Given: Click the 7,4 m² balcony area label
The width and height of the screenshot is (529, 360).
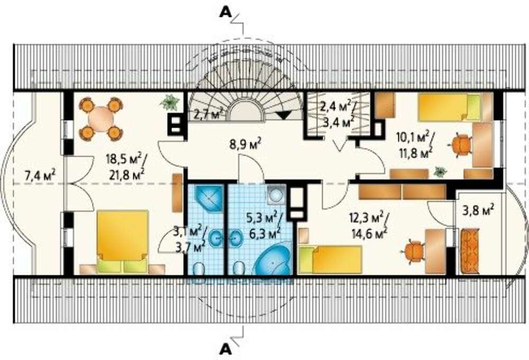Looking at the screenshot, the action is tap(40, 176).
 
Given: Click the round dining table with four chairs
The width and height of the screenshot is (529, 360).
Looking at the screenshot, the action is tap(101, 119).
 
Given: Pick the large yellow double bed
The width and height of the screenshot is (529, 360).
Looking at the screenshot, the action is tap(123, 241).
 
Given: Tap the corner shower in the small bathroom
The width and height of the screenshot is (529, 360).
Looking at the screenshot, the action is tap(209, 197).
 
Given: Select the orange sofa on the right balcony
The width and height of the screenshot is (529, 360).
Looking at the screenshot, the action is tap(470, 251).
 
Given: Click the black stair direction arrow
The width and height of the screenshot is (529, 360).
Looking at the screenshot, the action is tap(284, 115).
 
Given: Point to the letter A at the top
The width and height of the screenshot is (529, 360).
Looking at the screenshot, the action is tap(225, 12).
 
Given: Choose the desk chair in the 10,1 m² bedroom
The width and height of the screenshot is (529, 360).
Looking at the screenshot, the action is tap(461, 145).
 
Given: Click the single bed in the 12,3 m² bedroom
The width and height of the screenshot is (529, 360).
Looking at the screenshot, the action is tap(330, 259).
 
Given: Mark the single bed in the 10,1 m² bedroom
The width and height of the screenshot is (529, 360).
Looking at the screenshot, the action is tap(449, 107).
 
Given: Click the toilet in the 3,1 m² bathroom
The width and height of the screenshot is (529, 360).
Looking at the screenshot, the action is tap(200, 269).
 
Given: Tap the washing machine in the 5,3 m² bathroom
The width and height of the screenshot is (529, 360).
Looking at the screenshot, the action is tap(277, 195).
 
